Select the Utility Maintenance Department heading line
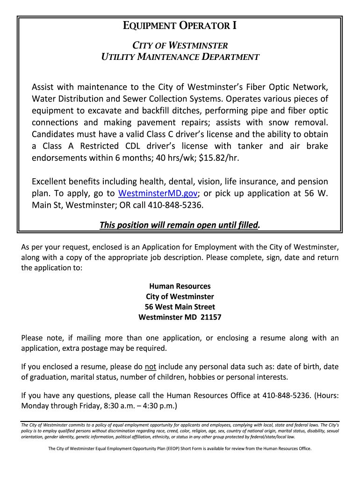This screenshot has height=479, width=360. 180,57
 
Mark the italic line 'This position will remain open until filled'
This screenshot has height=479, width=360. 180,225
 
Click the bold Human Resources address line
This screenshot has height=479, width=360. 180,286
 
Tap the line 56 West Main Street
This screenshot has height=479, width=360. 180,307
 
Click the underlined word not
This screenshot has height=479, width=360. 150,367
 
